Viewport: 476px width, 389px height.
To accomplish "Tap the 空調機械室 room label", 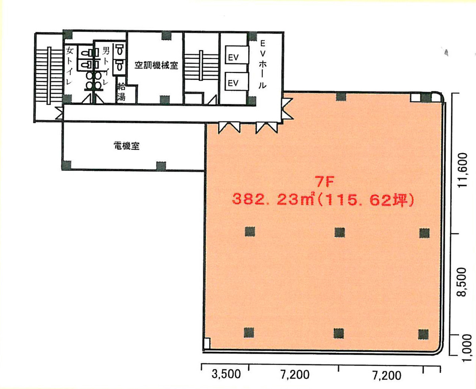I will [156, 66].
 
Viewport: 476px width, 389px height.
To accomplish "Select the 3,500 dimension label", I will [226, 375].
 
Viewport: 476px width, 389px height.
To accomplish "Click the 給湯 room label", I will [121, 92].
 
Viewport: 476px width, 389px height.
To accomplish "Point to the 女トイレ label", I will [69, 66].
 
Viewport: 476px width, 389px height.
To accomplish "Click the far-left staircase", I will [48, 75].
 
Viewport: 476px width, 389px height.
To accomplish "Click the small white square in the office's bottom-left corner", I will [206, 343].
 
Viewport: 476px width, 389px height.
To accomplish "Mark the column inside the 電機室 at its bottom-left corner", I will [67, 165].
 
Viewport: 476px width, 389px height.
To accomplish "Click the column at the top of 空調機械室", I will [166, 35].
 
